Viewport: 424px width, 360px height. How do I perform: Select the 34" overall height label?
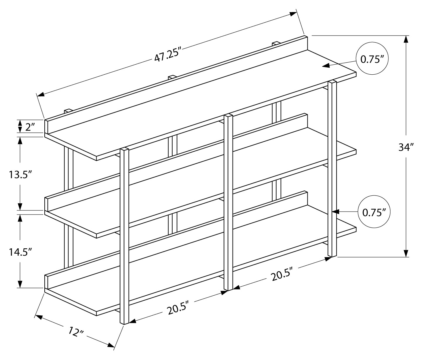coord(406,147)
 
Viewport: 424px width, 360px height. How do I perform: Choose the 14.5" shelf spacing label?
coord(20,252)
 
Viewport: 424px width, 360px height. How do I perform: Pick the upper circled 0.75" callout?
coord(372,59)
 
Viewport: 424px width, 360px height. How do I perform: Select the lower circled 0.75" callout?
coord(374,212)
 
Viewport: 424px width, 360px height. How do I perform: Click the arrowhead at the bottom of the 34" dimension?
coord(406,253)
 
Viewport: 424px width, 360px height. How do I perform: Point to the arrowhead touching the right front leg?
coord(336,211)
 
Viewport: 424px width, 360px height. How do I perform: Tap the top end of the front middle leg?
coord(228,116)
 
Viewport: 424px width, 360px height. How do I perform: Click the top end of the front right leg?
coord(332,82)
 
